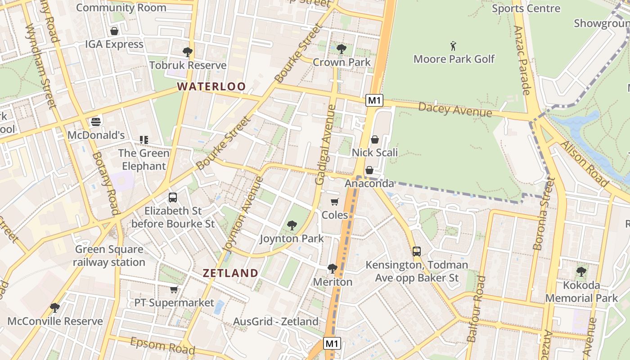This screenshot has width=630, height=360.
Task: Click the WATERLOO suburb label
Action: (x=211, y=86)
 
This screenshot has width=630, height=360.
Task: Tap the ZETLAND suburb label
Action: (x=230, y=273)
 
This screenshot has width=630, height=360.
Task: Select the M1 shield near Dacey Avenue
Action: (x=374, y=100)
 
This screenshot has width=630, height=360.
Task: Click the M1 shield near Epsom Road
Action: (x=332, y=344)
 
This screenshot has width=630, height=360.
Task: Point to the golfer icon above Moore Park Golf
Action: (x=453, y=46)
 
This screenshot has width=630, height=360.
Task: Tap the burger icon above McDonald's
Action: (x=95, y=121)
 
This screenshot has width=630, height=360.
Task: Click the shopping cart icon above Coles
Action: (x=334, y=202)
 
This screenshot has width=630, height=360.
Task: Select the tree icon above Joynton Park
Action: (x=292, y=225)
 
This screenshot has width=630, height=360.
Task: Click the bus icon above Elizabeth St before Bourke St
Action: (x=172, y=197)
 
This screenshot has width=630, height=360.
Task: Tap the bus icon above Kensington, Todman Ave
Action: (x=417, y=251)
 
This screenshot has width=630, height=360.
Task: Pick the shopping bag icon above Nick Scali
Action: (x=374, y=139)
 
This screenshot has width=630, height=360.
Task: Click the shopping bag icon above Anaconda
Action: (x=369, y=170)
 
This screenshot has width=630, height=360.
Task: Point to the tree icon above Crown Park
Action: (x=342, y=49)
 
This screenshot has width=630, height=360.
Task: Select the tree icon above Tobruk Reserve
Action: (x=188, y=52)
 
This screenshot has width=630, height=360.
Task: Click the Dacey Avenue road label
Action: (x=454, y=109)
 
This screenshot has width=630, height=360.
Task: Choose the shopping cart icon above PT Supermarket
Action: (x=174, y=289)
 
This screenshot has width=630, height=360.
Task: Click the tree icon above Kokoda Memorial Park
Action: (x=581, y=271)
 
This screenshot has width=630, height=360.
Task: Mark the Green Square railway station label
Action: (x=109, y=256)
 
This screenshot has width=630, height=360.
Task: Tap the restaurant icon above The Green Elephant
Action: (x=144, y=140)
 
